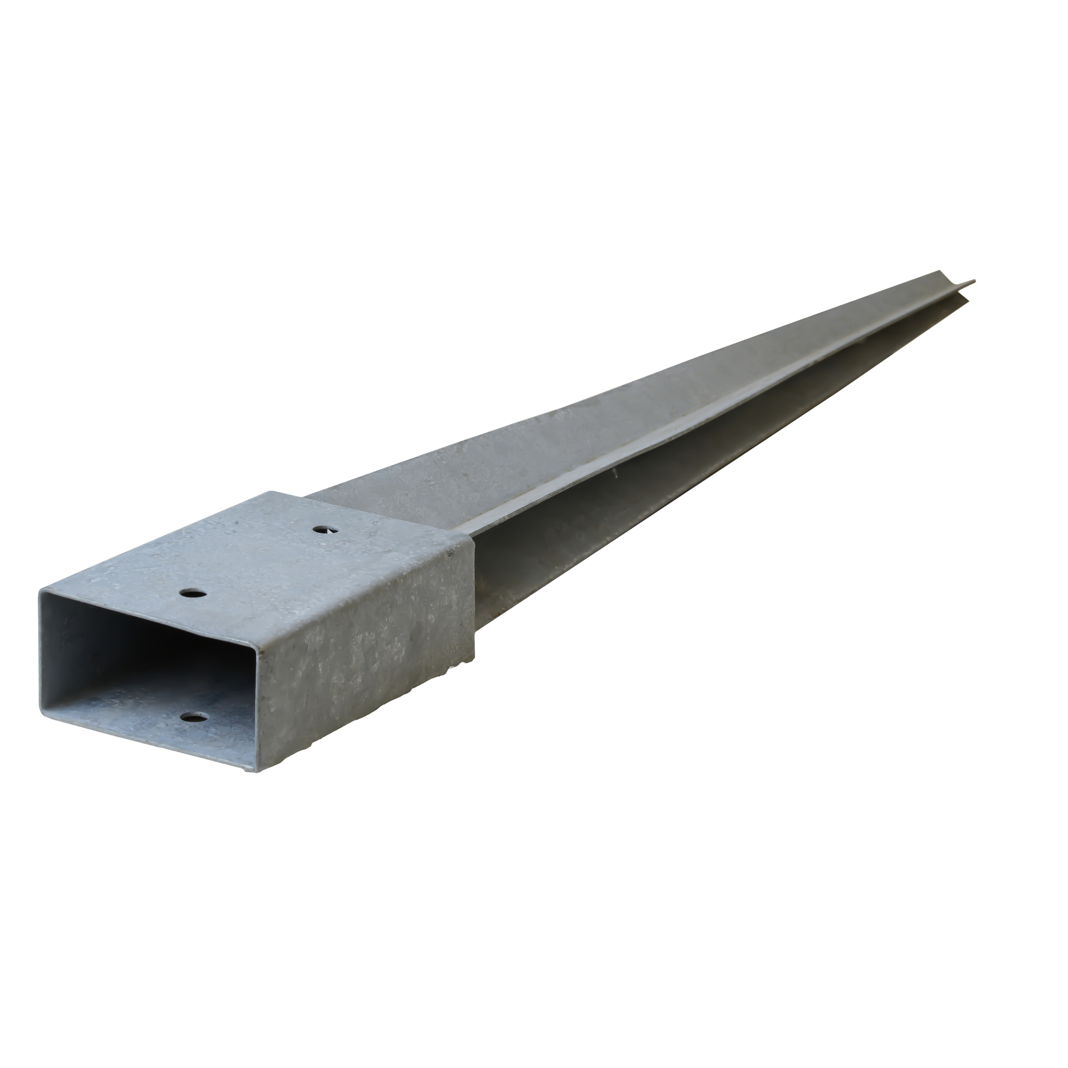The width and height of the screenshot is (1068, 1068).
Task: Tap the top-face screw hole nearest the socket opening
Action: pos(193,594)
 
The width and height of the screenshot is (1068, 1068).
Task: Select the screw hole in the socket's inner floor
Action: pos(193,718)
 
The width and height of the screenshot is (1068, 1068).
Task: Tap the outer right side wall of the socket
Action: pos(365,663)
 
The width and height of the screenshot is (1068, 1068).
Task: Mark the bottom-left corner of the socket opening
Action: pos(41,713)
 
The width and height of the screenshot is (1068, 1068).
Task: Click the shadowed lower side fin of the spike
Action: pos(608,525)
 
